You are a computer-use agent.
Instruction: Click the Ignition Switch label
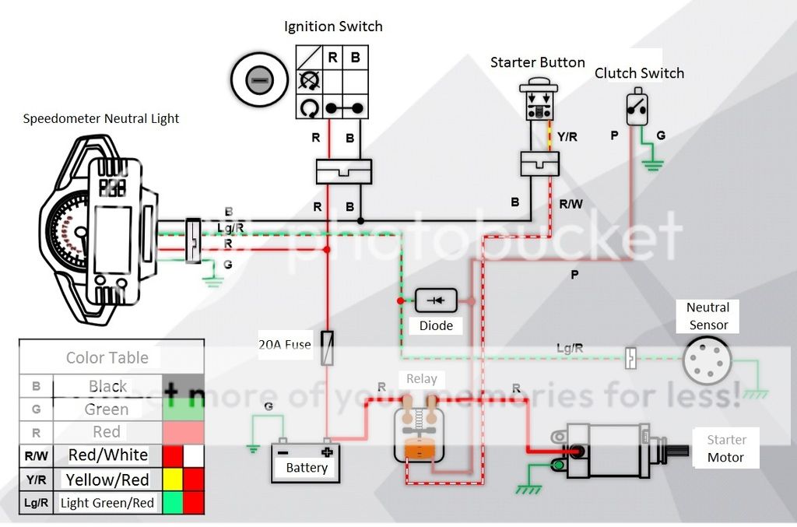coord(333,26)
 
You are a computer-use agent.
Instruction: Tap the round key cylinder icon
coord(260,80)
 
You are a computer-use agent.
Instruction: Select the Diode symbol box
coord(436,300)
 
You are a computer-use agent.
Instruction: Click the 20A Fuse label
coord(285,344)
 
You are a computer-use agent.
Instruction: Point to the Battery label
coord(307,468)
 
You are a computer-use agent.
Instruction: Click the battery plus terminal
coord(327,451)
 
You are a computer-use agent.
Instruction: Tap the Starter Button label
coord(537,62)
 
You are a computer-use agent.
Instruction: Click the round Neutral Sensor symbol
coord(707,360)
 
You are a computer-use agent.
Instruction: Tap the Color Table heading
coord(107,358)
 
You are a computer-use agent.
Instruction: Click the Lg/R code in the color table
coord(36,503)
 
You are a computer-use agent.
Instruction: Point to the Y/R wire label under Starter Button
coord(567,137)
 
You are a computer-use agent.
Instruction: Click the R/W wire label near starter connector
coord(571,204)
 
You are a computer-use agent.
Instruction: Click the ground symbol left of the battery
coord(252,448)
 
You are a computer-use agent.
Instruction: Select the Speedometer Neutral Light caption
coord(101,119)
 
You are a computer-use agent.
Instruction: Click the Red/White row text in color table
coord(107,455)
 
